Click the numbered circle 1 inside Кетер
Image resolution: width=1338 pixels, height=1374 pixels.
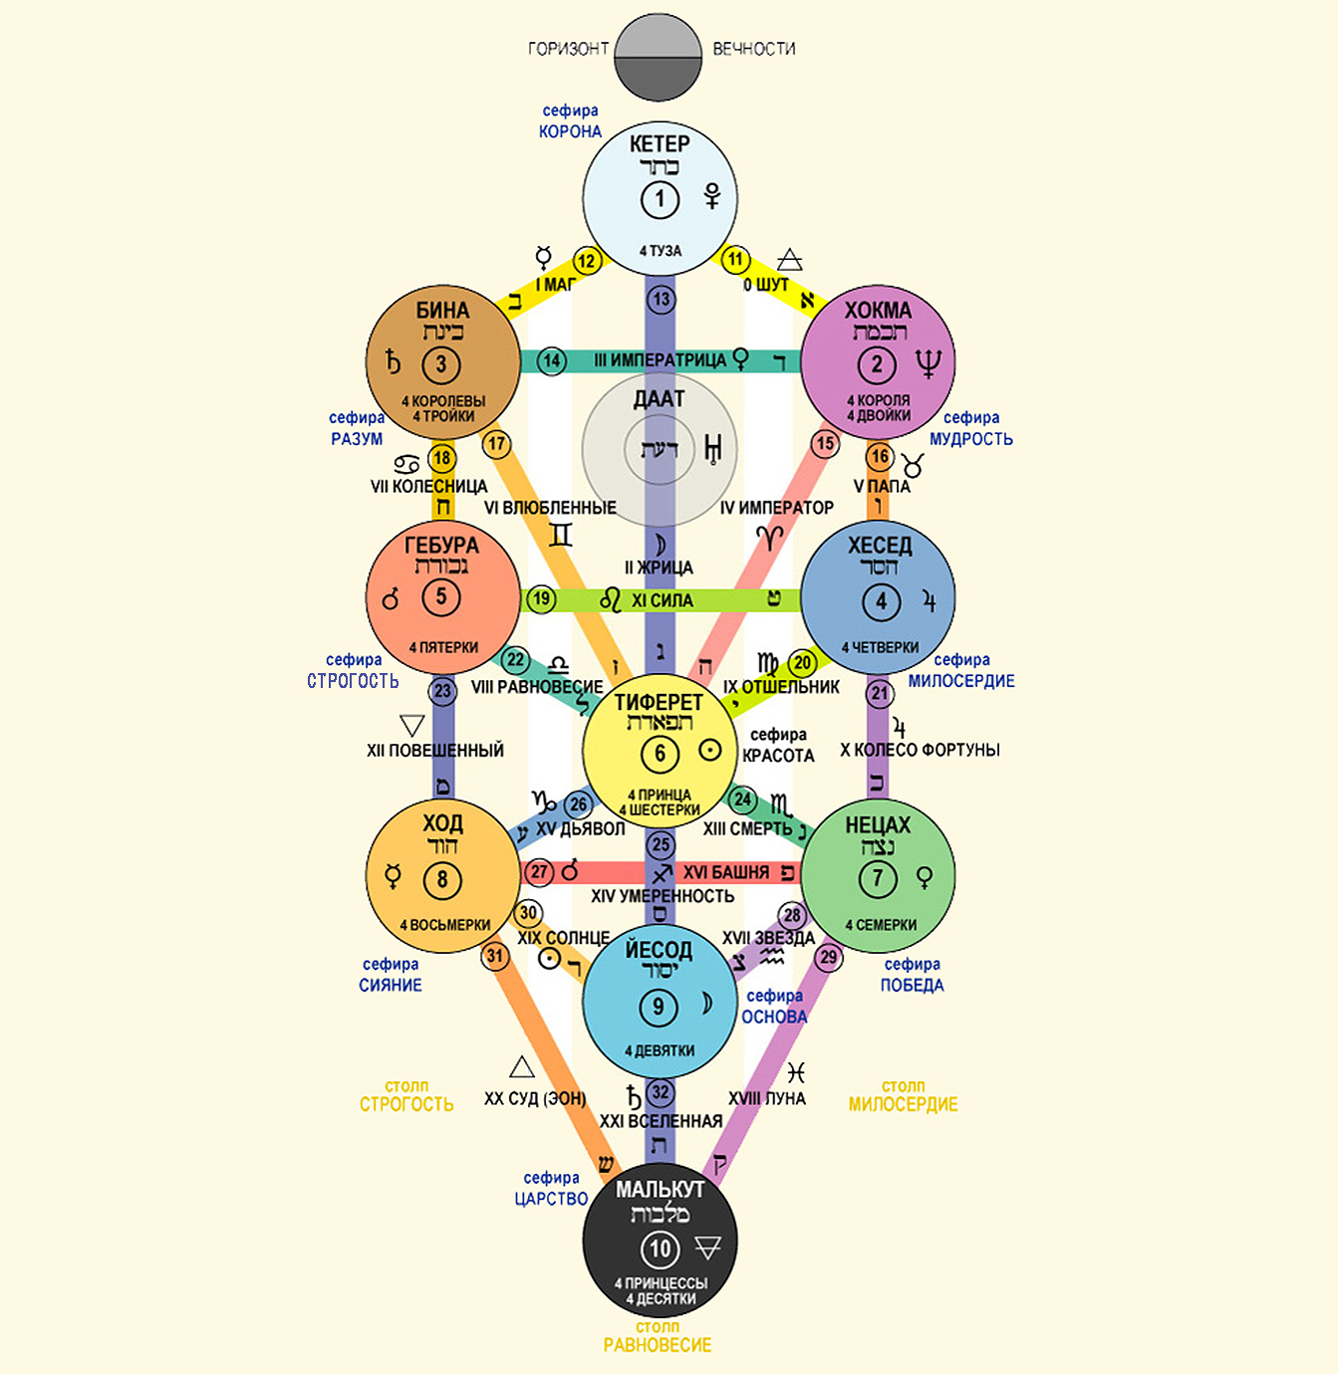pyautogui.click(x=660, y=199)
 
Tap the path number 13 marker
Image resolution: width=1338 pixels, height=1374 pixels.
pyautogui.click(x=661, y=299)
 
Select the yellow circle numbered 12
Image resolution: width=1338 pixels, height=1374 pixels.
pyautogui.click(x=587, y=262)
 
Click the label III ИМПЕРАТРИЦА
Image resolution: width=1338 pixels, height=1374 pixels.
pyautogui.click(x=660, y=360)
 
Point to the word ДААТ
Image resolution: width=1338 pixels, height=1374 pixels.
pyautogui.click(x=660, y=399)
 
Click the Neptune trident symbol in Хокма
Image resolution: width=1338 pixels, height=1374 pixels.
pyautogui.click(x=928, y=363)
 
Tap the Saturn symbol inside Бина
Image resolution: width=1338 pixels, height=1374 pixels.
pyautogui.click(x=395, y=362)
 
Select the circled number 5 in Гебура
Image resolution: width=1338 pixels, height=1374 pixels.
pyautogui.click(x=441, y=597)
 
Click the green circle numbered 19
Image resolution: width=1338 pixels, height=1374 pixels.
pyautogui.click(x=541, y=599)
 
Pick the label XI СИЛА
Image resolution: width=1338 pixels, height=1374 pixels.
pyautogui.click(x=662, y=600)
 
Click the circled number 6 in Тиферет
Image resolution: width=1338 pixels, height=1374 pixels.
pyautogui.click(x=660, y=754)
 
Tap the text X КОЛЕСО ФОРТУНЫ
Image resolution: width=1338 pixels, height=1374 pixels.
pyautogui.click(x=920, y=750)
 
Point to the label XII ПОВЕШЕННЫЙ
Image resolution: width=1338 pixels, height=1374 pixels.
pyautogui.click(x=435, y=750)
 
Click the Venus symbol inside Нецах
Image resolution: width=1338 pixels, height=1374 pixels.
pyautogui.click(x=925, y=877)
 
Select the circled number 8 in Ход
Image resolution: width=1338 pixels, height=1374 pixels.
pyautogui.click(x=442, y=879)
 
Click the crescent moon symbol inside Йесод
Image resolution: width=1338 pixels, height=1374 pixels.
pyautogui.click(x=707, y=1004)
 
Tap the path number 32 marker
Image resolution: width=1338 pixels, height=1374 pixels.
pyautogui.click(x=661, y=1092)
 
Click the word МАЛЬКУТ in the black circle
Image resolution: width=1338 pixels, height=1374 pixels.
pyautogui.click(x=660, y=1190)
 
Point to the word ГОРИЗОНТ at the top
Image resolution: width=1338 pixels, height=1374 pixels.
pyautogui.click(x=568, y=49)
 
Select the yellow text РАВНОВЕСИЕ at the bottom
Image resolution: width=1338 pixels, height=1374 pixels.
pyautogui.click(x=658, y=1345)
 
